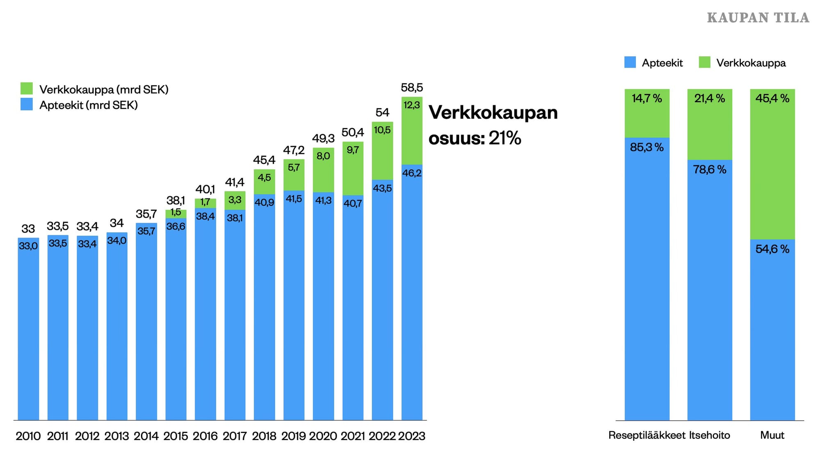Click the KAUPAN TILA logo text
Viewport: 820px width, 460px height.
click(x=758, y=18)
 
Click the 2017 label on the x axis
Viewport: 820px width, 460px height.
click(x=235, y=436)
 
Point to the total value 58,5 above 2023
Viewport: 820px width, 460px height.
click(x=412, y=87)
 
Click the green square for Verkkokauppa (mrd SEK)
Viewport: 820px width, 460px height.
click(x=27, y=89)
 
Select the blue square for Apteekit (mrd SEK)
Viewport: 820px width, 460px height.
click(x=27, y=104)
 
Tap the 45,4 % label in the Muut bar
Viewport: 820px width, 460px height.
click(x=772, y=98)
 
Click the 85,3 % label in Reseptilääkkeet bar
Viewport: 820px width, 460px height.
click(x=647, y=147)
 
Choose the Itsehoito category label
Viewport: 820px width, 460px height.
click(x=709, y=435)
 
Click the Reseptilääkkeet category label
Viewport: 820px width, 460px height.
click(x=647, y=435)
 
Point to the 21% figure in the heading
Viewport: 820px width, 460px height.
click(x=505, y=138)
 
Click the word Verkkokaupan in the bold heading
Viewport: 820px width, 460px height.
click(x=493, y=113)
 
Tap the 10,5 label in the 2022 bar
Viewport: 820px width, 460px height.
click(x=382, y=130)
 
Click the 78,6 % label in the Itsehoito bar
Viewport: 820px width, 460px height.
click(x=709, y=169)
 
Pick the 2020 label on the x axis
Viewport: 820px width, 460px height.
click(x=323, y=436)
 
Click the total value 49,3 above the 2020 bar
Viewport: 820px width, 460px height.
click(x=323, y=139)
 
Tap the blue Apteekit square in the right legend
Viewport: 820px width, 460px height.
click(x=630, y=62)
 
